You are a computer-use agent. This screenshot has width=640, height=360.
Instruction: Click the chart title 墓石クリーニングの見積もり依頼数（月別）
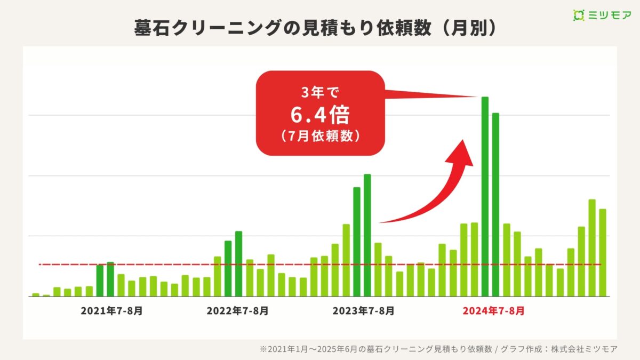315,28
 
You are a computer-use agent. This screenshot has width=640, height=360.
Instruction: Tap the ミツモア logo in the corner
602,15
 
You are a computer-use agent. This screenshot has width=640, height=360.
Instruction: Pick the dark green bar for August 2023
367,235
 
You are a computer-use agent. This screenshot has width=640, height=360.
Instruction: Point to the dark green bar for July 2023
357,241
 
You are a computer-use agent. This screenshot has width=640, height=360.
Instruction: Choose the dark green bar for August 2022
239,263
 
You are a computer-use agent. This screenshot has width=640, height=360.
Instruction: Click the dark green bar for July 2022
228,268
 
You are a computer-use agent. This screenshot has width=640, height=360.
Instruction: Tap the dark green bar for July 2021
100,281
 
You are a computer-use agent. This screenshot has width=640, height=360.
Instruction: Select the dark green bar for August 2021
110,279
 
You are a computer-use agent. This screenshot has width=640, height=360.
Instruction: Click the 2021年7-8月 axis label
111,311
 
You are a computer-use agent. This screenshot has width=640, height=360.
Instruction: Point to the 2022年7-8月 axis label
237,311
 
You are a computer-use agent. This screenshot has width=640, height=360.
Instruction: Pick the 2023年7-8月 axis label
363,311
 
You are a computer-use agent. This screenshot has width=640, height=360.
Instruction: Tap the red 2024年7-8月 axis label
493,311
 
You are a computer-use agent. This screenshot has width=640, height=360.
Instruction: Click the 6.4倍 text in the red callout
320,115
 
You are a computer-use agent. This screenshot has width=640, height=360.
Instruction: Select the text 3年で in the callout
320,94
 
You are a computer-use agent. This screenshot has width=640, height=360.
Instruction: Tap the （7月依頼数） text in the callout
320,136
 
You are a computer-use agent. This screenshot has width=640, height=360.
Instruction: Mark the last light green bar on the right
603,252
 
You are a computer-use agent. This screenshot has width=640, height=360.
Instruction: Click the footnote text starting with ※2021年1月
438,349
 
